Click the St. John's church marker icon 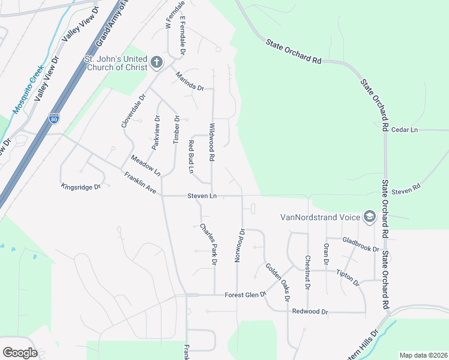coord(156,62)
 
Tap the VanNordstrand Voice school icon coord(370,217)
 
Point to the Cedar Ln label coord(404,130)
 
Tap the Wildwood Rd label coord(211,142)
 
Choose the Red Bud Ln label coord(191,157)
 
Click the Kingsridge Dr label coord(81,187)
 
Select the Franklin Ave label coord(140,183)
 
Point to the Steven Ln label coord(202,196)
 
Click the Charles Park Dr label coord(208,244)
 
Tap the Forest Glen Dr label coord(245,295)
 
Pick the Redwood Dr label coord(310,312)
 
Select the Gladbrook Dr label coord(361,245)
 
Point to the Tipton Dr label coord(348,277)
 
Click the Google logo coord(20,353)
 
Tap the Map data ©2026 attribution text coord(423,355)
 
